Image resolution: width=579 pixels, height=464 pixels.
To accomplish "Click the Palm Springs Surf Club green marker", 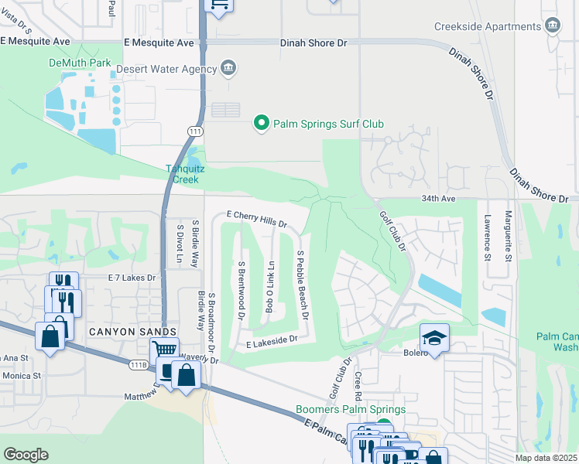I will point(262,123).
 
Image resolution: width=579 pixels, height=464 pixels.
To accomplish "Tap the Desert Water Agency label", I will point(166,69).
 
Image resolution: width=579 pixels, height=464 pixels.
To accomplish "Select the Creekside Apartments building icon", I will point(553,26).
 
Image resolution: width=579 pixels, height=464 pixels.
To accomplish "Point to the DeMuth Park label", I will point(80,63).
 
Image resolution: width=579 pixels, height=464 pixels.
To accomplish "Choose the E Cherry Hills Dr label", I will point(256,220).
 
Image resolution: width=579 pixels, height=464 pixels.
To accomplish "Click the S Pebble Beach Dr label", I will point(303,285).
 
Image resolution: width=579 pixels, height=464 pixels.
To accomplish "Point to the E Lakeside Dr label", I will point(271,340).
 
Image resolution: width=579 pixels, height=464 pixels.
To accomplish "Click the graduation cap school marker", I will point(434,337).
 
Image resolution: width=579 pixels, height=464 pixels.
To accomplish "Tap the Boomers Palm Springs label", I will point(351,409).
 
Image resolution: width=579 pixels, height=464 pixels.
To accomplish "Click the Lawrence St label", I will point(488,239).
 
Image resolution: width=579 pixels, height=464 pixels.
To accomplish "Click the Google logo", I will point(26,455).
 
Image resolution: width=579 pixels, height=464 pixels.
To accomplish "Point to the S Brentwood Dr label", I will point(241,291).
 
